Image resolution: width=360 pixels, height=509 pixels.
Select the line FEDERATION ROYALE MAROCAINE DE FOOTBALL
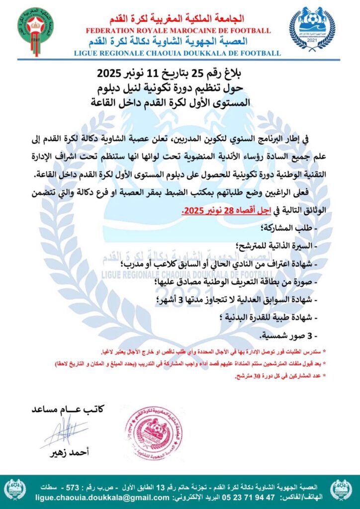178,31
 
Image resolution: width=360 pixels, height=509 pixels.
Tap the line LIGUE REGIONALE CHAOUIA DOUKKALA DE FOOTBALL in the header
178,53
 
